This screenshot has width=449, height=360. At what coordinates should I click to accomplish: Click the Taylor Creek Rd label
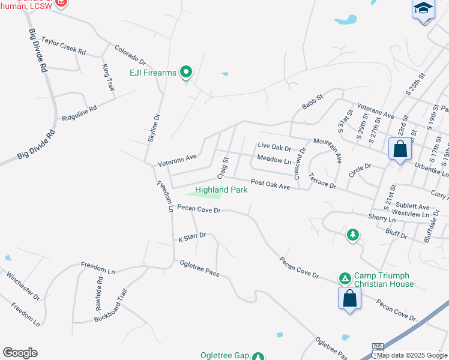(x=64, y=47)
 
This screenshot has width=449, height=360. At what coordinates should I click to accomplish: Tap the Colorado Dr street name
(x=130, y=55)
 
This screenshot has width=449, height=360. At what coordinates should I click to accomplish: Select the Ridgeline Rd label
(x=79, y=113)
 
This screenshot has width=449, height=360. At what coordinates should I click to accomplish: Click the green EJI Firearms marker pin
(x=186, y=73)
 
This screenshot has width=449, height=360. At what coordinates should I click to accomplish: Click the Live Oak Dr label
(x=274, y=146)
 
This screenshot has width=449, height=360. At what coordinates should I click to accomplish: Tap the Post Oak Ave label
(x=270, y=184)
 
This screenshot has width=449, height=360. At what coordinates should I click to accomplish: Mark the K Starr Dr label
(x=192, y=237)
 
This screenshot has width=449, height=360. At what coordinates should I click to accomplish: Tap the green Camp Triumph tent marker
(x=345, y=278)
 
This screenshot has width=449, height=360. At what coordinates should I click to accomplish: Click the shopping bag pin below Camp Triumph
(x=349, y=298)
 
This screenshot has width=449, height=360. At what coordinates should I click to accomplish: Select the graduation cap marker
(x=423, y=9)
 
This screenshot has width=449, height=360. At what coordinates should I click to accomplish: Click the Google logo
(x=19, y=353)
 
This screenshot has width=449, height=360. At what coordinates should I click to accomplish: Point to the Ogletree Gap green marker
(x=258, y=356)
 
